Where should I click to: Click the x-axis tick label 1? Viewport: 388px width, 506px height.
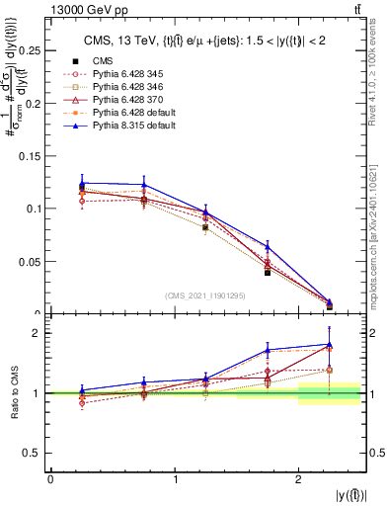pyautogui.click(x=175, y=479)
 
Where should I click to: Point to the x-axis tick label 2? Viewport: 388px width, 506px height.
pyautogui.click(x=299, y=479)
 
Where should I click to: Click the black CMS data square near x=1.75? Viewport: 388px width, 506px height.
pyautogui.click(x=268, y=272)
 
